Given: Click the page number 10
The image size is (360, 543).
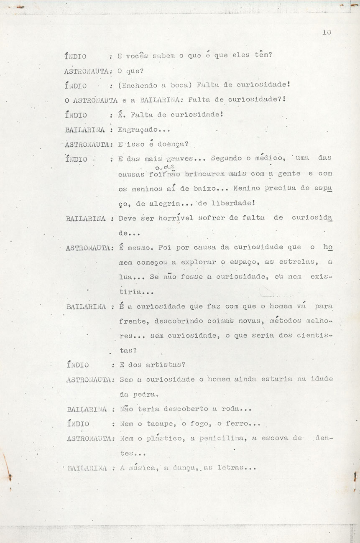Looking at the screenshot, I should point(327,32).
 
